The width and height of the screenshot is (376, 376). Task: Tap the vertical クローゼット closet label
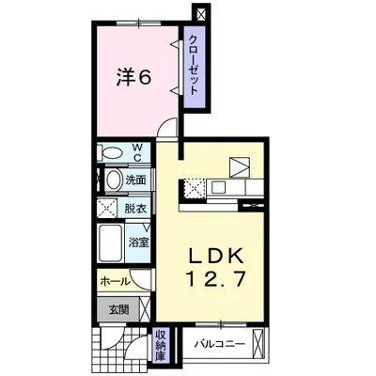193,64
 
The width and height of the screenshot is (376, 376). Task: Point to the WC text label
136,151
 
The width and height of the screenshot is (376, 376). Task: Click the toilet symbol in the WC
110,152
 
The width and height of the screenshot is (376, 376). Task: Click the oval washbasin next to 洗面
112,180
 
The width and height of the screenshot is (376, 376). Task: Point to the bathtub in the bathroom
111,242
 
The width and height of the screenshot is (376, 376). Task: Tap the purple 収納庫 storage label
161,344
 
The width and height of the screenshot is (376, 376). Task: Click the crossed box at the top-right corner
198,14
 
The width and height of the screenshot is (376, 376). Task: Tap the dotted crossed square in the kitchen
196,187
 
